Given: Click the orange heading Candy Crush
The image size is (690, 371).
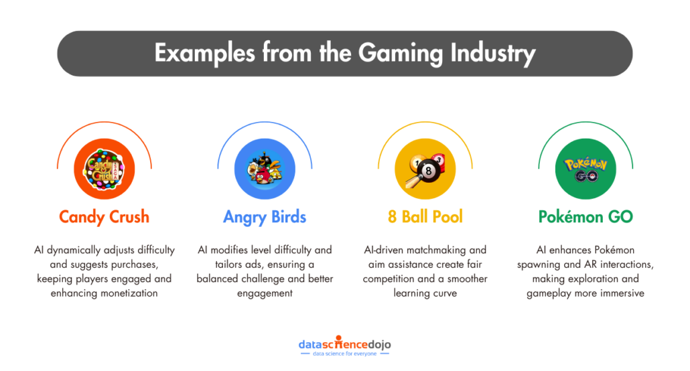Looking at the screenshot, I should [104, 217].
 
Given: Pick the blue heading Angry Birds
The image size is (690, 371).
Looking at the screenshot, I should [265, 217].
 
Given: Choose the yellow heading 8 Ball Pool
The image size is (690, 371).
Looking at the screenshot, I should [425, 217].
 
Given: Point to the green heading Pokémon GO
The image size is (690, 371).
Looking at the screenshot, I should [585, 217].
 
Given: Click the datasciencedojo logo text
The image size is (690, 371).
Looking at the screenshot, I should [344, 345].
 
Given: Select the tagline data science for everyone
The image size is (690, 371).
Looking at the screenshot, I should [344, 355].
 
